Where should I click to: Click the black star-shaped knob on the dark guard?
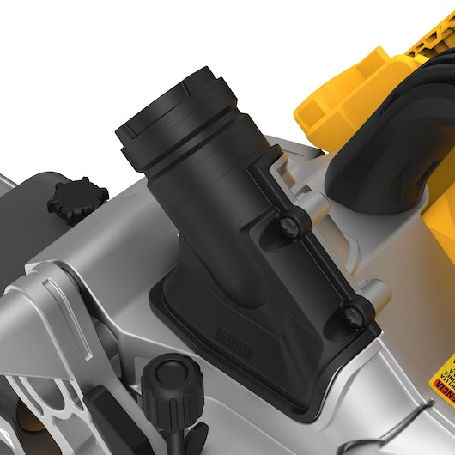click(x=77, y=197)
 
